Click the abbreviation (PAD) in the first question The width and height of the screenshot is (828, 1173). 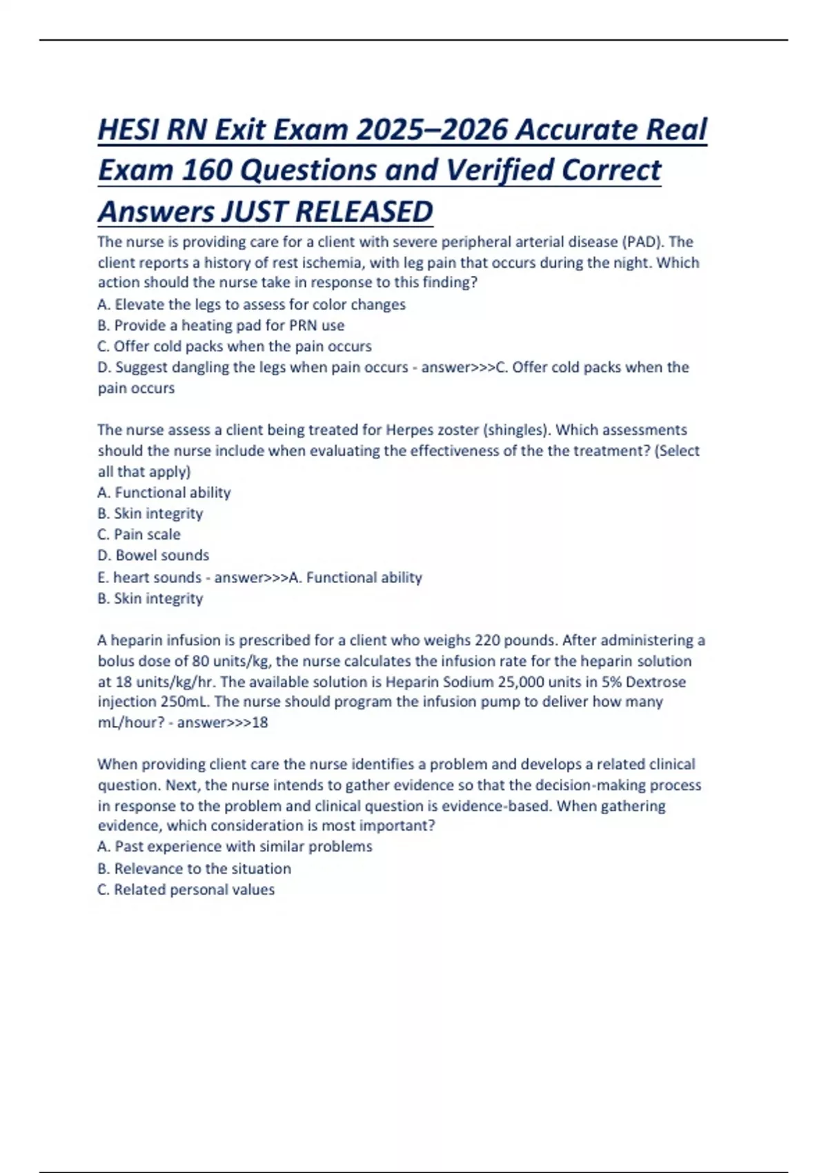tap(643, 242)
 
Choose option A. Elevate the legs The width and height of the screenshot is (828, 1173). tap(251, 304)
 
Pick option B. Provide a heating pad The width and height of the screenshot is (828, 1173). tap(221, 325)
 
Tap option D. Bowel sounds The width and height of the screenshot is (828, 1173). tap(153, 555)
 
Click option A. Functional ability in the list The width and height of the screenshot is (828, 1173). tap(164, 493)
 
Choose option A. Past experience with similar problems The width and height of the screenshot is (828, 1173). tap(235, 847)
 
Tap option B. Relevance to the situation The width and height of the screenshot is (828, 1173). tap(194, 869)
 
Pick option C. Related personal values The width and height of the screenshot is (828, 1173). tap(186, 889)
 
